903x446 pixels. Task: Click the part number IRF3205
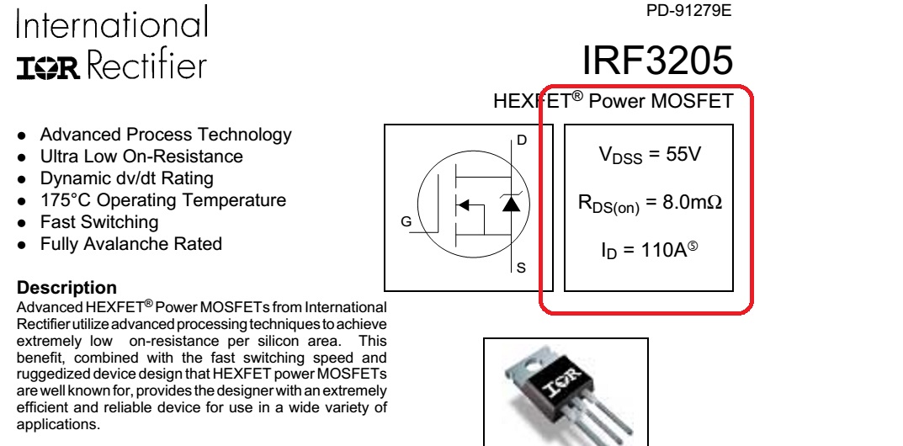tap(656, 60)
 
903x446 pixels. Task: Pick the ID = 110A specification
tap(650, 250)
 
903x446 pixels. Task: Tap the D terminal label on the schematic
tap(522, 139)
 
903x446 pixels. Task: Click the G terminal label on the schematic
tap(406, 223)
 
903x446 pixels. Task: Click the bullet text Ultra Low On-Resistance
tap(141, 156)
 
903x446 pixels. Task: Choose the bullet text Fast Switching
tap(99, 222)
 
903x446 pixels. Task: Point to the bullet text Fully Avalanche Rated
tap(131, 244)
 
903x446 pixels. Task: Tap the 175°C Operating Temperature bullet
tap(163, 200)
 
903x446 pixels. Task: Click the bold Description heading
tap(67, 288)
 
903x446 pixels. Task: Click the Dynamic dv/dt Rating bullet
tap(126, 178)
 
